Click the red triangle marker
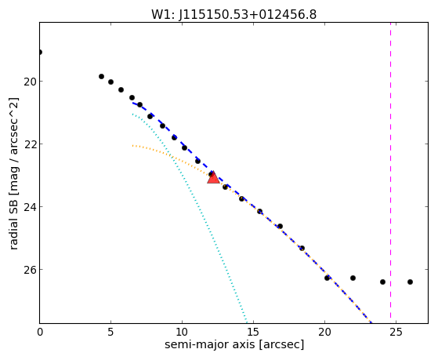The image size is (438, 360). point(213,177)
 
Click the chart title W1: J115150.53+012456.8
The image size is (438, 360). point(234,15)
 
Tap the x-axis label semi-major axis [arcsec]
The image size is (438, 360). point(234,344)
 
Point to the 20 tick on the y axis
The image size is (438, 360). point(29,82)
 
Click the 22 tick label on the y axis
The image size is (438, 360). point(29,144)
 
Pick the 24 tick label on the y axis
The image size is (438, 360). point(29,207)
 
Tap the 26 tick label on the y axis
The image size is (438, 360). point(29,270)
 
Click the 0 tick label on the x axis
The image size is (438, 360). point(40,332)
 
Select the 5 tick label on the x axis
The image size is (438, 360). point(111,332)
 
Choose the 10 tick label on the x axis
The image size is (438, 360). point(182,332)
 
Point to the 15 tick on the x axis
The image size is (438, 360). point(253,332)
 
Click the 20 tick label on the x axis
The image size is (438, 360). point(324,332)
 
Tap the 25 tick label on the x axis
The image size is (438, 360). point(396,332)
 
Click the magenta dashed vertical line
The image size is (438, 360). point(390,173)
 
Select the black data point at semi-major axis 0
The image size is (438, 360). point(40,52)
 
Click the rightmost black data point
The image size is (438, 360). point(410,282)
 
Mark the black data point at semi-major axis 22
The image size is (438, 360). point(353,278)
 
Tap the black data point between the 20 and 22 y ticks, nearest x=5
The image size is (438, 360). point(111,82)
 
